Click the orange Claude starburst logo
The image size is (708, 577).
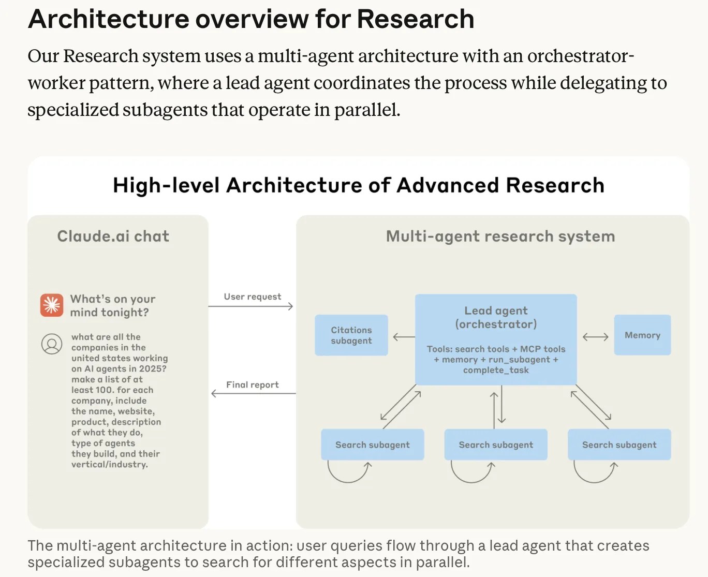click(x=52, y=305)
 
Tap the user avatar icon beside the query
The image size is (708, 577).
click(x=52, y=344)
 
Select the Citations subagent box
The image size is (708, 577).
click(x=351, y=335)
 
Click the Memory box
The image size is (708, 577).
click(x=642, y=335)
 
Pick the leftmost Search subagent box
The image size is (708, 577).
click(x=372, y=445)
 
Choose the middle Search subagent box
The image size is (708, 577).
click(x=496, y=445)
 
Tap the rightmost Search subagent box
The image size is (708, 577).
click(x=620, y=445)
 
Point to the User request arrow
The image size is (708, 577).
click(x=250, y=306)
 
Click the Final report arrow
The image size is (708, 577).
click(x=253, y=393)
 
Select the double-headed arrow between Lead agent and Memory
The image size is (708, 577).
click(x=595, y=337)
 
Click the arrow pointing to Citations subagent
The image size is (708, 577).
click(x=404, y=337)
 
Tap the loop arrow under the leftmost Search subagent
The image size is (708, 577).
click(x=348, y=481)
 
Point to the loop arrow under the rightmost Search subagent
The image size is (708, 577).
click(x=595, y=481)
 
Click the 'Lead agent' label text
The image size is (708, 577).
click(x=496, y=310)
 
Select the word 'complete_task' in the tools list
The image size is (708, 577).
click(x=496, y=371)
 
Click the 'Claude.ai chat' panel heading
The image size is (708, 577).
click(x=113, y=236)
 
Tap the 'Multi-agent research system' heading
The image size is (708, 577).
click(x=500, y=236)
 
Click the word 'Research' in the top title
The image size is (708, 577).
click(x=416, y=19)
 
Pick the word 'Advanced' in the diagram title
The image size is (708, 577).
click(x=448, y=185)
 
